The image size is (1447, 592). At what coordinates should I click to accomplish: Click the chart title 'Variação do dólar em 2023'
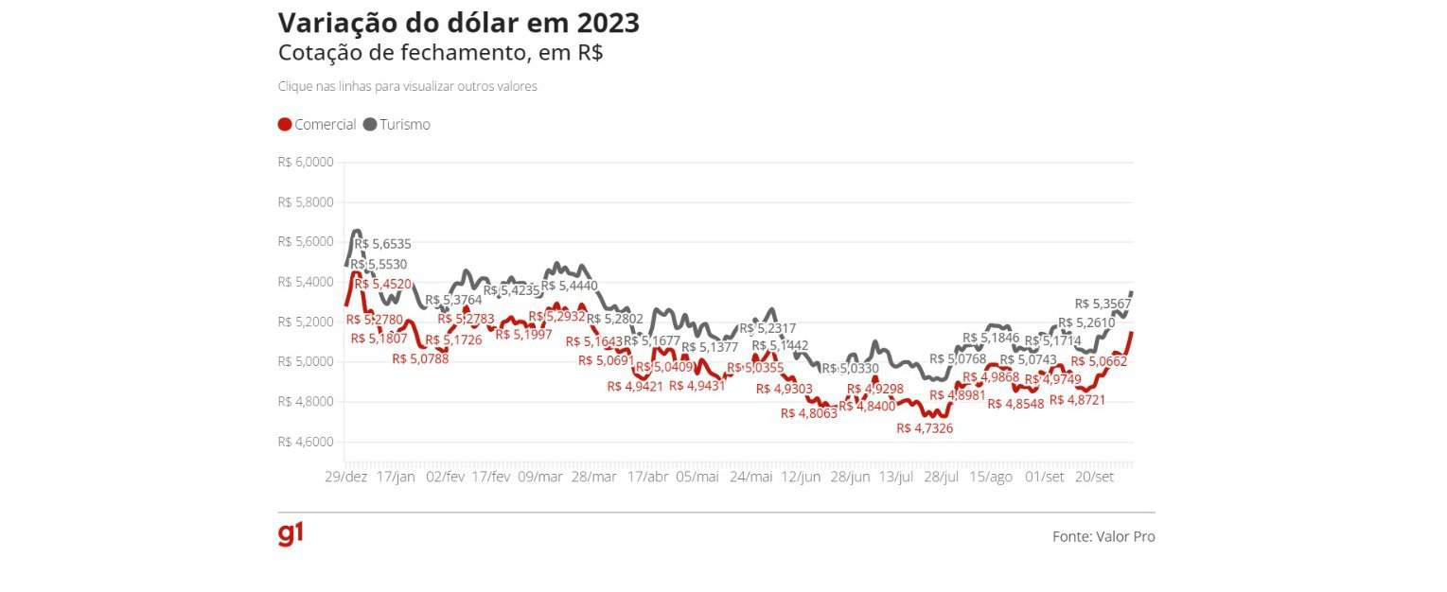[x=458, y=23]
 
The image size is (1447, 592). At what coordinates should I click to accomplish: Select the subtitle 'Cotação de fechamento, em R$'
[x=440, y=53]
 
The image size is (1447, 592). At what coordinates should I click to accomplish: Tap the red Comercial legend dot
[x=285, y=125]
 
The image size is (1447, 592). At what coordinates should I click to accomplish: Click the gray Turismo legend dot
[x=370, y=125]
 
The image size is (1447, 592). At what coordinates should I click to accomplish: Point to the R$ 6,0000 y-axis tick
[x=306, y=163]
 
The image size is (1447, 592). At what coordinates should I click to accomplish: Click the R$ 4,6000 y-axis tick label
[x=306, y=442]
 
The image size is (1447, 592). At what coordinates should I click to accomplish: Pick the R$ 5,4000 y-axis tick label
[x=306, y=282]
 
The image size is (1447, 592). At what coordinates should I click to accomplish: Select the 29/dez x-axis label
[x=345, y=477]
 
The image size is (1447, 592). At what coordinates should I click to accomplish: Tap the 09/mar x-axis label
[x=540, y=477]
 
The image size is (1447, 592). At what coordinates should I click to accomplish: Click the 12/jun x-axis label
[x=801, y=477]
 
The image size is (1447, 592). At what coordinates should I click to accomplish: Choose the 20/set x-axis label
[x=1094, y=477]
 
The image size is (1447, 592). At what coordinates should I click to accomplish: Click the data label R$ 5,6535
[x=382, y=244]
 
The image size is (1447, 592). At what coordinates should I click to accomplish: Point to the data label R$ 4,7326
[x=925, y=428]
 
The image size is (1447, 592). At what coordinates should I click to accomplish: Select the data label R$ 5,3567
[x=1103, y=304]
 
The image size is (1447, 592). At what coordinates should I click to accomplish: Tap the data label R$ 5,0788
[x=420, y=358]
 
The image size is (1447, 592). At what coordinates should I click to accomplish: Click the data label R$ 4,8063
[x=809, y=413]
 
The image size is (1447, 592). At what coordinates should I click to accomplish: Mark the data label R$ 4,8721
[x=1077, y=400]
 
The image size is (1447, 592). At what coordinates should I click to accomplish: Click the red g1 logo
[x=291, y=534]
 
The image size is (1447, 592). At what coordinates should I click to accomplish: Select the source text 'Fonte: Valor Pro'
[x=1103, y=536]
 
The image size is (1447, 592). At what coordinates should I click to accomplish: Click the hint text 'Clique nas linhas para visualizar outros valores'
[x=407, y=86]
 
